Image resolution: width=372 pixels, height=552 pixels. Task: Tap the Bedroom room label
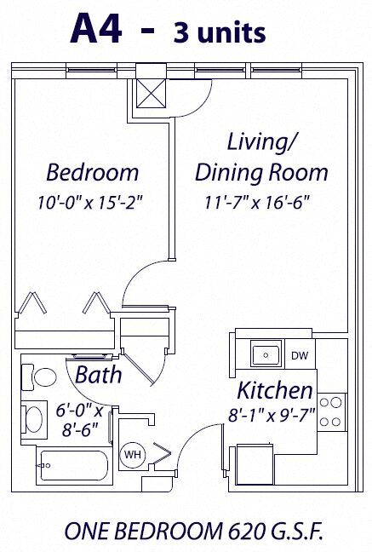(x=92, y=173)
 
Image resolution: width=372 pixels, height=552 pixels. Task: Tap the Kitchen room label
(x=274, y=391)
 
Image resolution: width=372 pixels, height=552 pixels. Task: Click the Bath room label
(x=98, y=374)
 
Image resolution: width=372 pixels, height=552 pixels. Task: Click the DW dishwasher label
(x=299, y=355)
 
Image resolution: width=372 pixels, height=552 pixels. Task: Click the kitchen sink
(x=266, y=353)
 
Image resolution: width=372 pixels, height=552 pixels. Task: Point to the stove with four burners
(x=335, y=411)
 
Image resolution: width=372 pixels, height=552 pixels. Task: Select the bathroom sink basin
(x=34, y=419)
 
